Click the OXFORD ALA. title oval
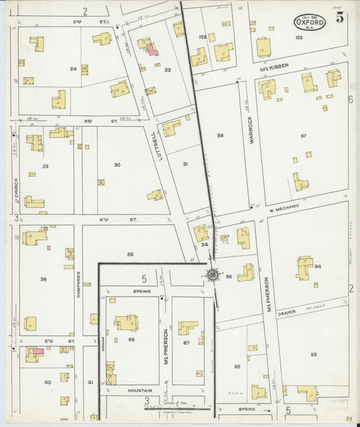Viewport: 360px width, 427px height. coord(309,22)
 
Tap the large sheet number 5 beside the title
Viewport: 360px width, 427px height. coord(340,18)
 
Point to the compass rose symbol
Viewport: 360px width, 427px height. coord(212,274)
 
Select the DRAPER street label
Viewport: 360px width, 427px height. coord(286,312)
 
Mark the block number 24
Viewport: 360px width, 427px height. coord(73,68)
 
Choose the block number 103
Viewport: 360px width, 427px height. coord(299,38)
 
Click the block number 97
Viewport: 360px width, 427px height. coord(303,136)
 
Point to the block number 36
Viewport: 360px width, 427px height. coord(43,278)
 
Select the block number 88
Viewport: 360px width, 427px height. coord(131,340)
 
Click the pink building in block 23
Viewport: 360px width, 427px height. coord(153,49)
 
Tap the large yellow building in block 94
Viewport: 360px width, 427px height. coord(305,268)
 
